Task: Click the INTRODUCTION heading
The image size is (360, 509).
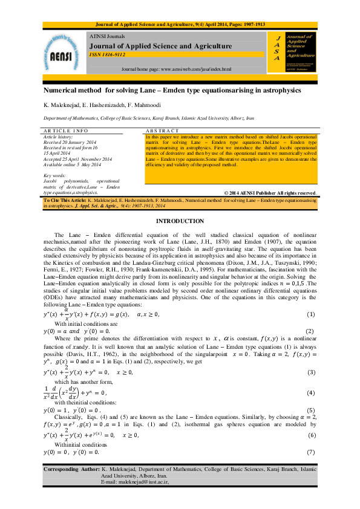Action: pos(180,221)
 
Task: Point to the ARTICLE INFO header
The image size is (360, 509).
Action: pos(66,131)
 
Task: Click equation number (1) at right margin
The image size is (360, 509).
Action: pos(311,316)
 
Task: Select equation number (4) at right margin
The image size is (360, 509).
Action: pos(311,393)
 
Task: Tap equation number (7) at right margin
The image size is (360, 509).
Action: pos(311,452)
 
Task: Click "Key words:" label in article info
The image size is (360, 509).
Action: pos(56,175)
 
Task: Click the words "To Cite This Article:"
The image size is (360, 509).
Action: pos(64,198)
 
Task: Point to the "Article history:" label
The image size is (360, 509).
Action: pos(57,136)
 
